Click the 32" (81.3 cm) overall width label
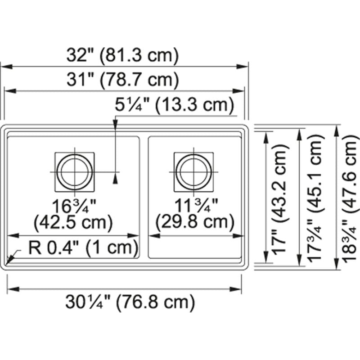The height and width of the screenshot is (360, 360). (x=122, y=56)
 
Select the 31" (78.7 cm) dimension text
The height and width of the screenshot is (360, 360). (x=122, y=81)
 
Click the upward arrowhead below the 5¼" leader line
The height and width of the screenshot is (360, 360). (x=116, y=179)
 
